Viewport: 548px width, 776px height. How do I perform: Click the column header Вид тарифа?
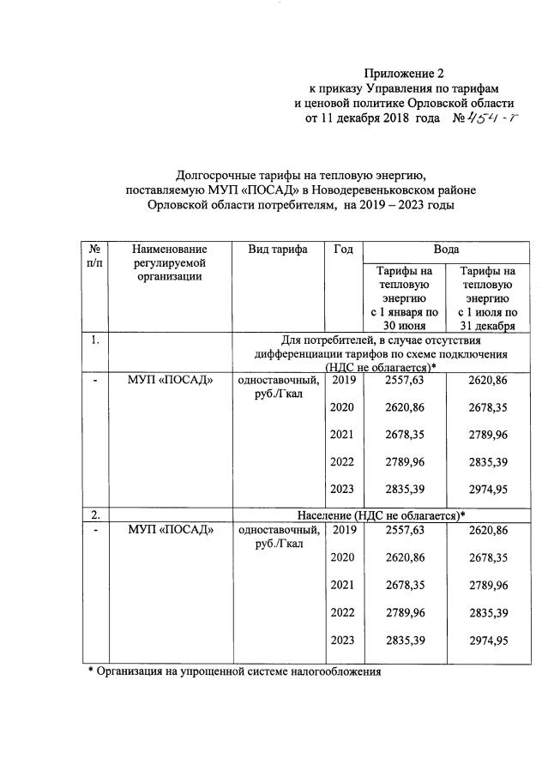(277, 249)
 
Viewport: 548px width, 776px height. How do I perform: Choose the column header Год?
(343, 249)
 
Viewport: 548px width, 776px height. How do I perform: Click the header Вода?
(445, 249)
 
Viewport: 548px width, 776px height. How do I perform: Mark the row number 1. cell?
(95, 340)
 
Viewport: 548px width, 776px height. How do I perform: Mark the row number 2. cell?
(95, 514)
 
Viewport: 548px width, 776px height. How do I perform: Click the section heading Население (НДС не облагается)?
(381, 515)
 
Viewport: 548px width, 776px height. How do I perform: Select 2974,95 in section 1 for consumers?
(488, 490)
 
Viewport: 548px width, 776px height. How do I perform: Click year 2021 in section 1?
(343, 435)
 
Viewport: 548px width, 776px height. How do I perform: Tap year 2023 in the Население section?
(343, 641)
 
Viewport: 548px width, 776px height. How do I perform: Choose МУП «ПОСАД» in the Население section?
(171, 531)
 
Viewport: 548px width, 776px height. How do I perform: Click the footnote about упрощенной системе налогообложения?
(234, 671)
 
